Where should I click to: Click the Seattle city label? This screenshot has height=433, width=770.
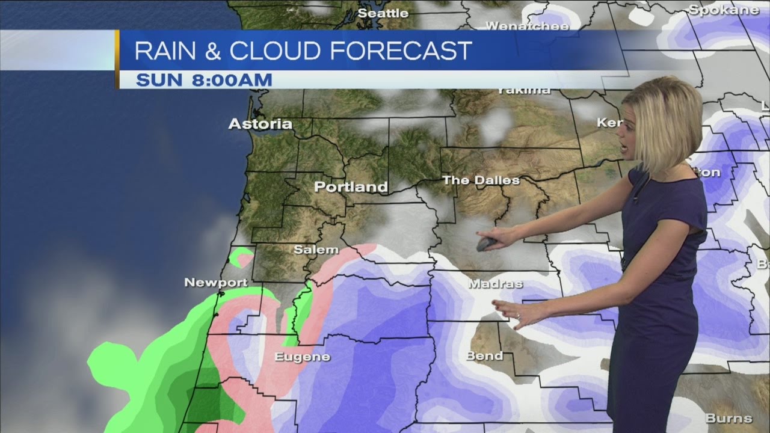click(383, 13)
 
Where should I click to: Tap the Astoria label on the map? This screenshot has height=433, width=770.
click(260, 124)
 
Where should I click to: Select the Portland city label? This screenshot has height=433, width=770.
click(351, 187)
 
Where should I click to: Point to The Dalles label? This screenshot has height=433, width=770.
click(481, 180)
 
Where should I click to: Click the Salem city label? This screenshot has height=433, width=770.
click(316, 250)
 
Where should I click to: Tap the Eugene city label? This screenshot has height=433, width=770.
click(302, 357)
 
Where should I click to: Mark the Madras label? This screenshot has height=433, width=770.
click(495, 284)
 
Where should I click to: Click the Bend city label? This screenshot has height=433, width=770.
click(484, 356)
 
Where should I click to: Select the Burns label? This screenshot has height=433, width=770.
click(728, 418)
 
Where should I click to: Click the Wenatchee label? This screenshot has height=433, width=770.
click(527, 26)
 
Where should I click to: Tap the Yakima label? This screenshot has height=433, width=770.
click(523, 91)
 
